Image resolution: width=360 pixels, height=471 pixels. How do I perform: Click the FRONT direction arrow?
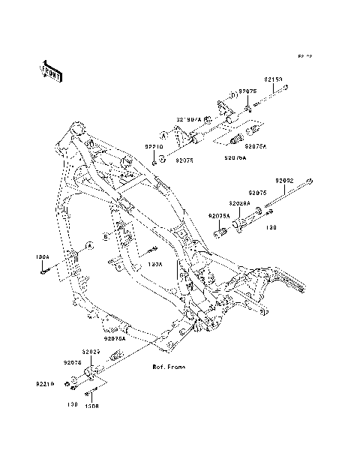coord(51,70)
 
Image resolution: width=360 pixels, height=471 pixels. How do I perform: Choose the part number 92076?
coord(73,361)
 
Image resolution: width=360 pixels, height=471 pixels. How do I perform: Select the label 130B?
coord(91,406)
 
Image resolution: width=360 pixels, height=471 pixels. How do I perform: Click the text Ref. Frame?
coord(169,367)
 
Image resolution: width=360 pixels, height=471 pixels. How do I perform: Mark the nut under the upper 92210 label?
coord(153,160)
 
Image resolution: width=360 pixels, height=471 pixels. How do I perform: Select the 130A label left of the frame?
coord(42,256)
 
